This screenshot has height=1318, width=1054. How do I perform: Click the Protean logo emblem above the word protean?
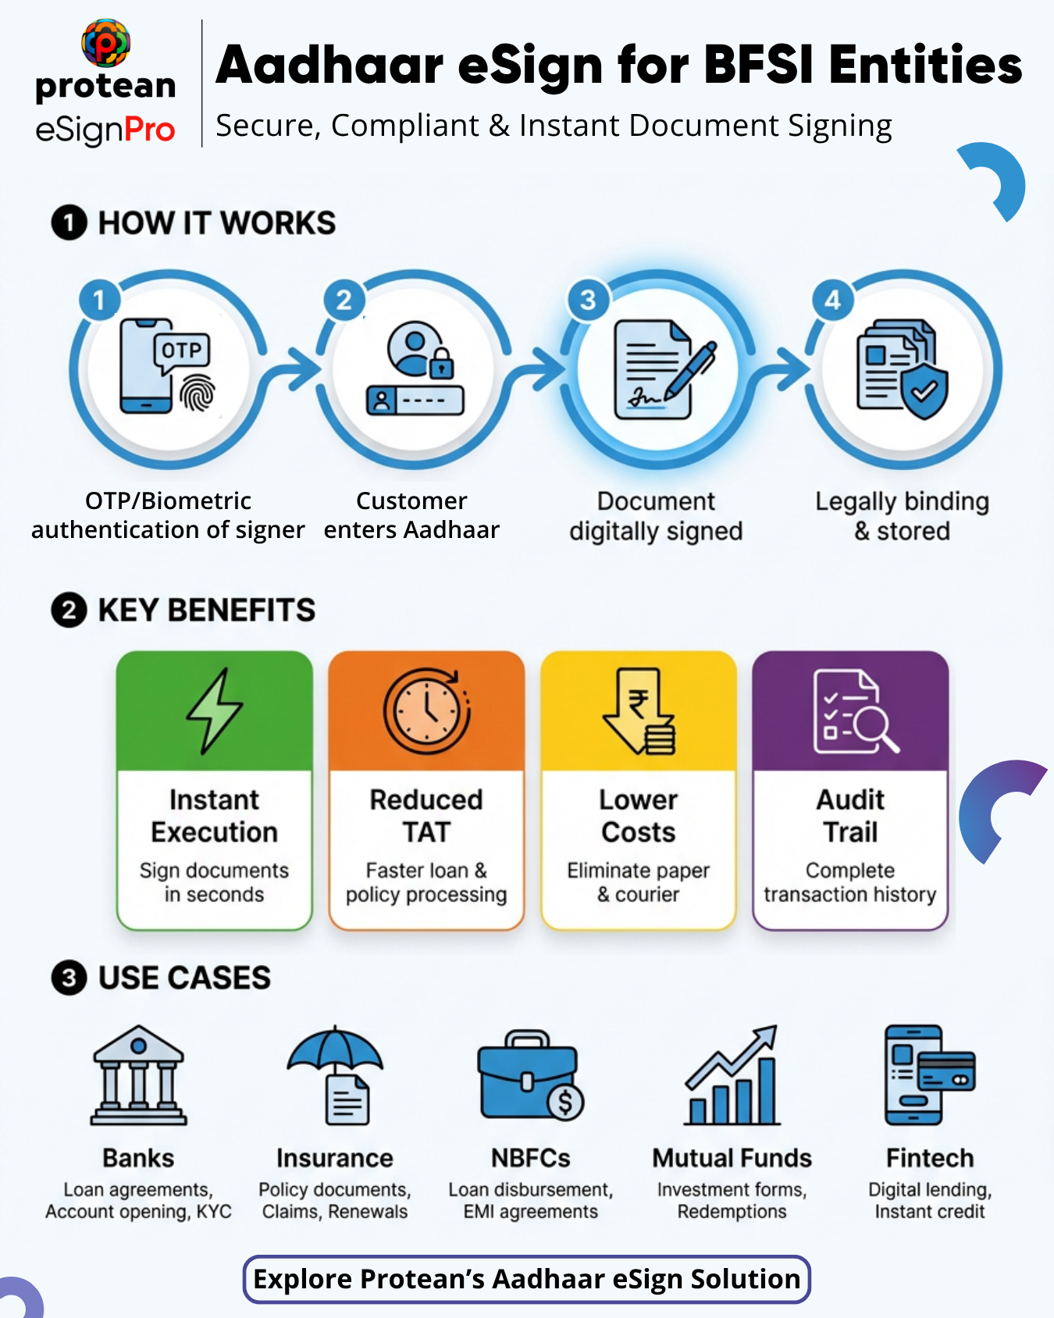pos(105,43)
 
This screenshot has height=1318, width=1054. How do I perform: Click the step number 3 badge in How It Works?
pos(588,300)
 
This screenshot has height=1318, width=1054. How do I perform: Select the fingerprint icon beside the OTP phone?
pos(198,393)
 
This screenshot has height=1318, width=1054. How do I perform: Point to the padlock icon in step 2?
pos(442,364)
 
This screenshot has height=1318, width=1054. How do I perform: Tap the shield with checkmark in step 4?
pos(925,390)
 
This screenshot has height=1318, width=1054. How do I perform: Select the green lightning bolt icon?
pos(215,711)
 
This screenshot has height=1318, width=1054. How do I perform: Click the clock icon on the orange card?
pos(426,711)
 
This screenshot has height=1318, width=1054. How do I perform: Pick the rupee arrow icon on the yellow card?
pos(638,711)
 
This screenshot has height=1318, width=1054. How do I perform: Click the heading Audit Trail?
pos(850,816)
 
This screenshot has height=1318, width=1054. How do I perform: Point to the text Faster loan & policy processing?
pos(426,882)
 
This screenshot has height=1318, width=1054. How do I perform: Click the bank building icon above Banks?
pos(138,1075)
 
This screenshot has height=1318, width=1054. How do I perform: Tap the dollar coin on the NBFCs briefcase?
pos(565,1102)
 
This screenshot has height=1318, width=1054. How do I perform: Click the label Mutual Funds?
pos(732,1158)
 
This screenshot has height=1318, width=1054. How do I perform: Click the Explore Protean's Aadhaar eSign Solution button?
pos(527,1279)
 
